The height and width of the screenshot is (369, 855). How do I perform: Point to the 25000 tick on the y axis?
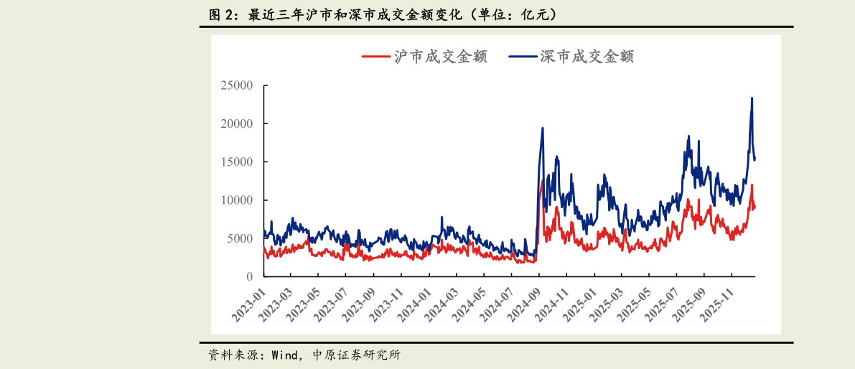pyautogui.click(x=236, y=85)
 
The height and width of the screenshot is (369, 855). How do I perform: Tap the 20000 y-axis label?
pyautogui.click(x=236, y=123)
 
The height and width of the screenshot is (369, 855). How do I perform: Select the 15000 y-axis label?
pyautogui.click(x=236, y=162)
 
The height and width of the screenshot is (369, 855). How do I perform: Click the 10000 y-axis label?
pyautogui.click(x=236, y=200)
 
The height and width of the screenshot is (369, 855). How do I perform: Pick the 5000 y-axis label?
pyautogui.click(x=239, y=238)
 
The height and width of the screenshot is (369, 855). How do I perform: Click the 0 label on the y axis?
pyautogui.click(x=249, y=276)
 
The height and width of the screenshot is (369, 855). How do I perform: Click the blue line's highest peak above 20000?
pyautogui.click(x=752, y=98)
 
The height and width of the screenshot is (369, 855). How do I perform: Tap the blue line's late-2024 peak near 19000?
pyautogui.click(x=542, y=129)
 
